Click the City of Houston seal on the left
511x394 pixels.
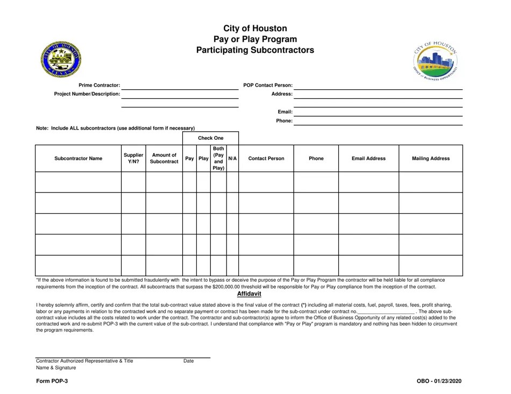[61, 59]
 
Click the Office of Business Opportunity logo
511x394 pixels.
[436, 60]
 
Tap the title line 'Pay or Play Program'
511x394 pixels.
[255, 39]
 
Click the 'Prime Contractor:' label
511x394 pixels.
[100, 85]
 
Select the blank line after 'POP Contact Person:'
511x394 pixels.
[378, 85]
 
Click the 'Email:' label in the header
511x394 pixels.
[285, 112]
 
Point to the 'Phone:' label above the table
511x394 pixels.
[284, 121]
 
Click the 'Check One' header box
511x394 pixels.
[210, 138]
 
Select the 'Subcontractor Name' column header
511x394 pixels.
[79, 159]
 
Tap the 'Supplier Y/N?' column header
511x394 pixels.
[133, 159]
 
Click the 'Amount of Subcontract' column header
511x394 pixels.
[164, 159]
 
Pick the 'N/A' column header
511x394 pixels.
[232, 159]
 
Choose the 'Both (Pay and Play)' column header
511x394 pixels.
[218, 159]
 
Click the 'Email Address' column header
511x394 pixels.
[368, 159]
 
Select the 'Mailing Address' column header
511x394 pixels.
[430, 159]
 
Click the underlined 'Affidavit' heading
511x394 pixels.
[249, 294]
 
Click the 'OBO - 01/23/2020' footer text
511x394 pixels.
[438, 381]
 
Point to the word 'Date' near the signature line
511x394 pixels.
[188, 361]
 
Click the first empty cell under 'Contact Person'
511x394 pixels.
[266, 182]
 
